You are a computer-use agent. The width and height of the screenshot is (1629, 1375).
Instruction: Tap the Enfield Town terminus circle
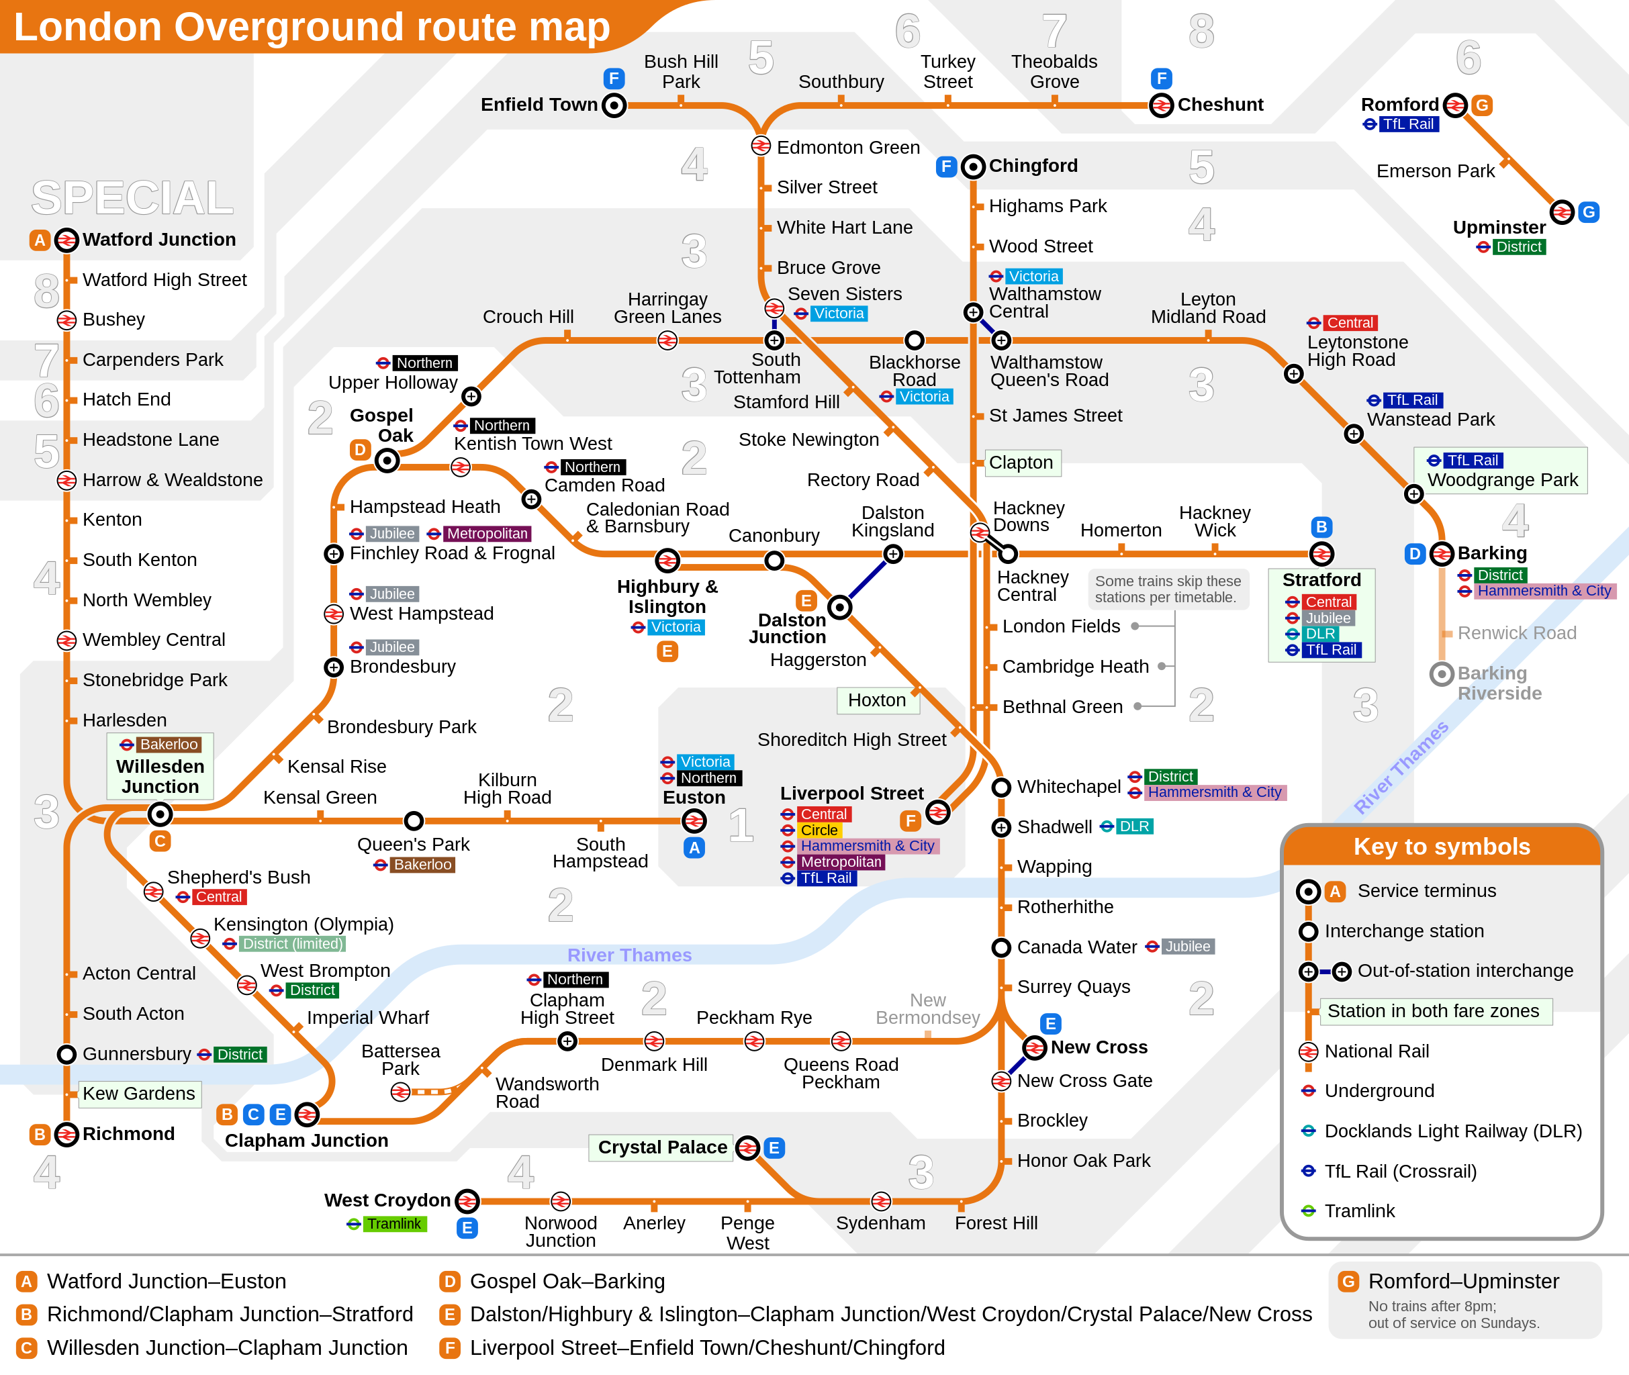coord(614,105)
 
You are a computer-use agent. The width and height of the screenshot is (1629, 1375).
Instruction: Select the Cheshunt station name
coord(1221,105)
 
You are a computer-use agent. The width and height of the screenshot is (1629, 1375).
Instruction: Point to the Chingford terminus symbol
coord(973,166)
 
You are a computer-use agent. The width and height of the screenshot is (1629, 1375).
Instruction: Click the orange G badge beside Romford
coord(1482,105)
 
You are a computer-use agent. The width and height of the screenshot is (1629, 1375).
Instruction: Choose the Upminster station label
coord(1499,227)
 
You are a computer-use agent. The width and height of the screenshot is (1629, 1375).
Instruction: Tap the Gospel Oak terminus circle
coord(387,460)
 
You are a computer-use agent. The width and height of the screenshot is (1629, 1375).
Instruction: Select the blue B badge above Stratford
coord(1321,527)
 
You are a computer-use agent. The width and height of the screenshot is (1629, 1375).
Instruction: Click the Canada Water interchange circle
coord(1000,947)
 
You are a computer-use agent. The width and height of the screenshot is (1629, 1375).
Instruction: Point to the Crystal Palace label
coord(661,1147)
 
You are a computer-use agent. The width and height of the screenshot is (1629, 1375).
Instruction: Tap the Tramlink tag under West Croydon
coord(394,1224)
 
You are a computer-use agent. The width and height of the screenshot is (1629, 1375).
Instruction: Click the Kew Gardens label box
coord(140,1094)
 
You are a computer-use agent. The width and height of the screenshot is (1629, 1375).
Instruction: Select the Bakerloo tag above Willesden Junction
coord(169,745)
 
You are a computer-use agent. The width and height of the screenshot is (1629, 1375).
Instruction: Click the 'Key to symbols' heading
coord(1442,846)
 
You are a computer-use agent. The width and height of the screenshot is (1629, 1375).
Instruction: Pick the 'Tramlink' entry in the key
coord(1359,1211)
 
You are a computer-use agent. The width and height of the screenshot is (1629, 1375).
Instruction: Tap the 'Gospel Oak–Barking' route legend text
coord(567,1282)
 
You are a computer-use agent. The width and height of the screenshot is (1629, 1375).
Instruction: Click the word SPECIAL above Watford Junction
coord(132,197)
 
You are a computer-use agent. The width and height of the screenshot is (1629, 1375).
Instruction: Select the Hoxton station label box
coord(878,700)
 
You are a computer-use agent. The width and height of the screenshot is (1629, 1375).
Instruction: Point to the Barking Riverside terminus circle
coord(1442,674)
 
